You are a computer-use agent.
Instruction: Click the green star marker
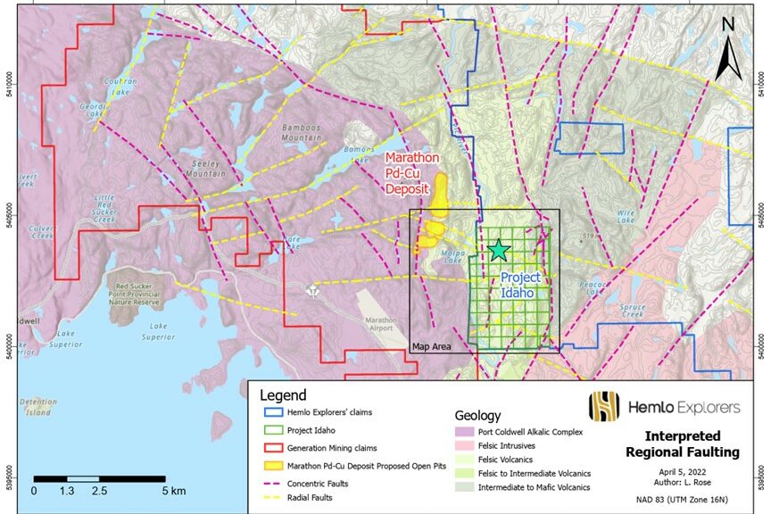pyautogui.click(x=498, y=251)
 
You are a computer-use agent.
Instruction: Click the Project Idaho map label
pyautogui.click(x=519, y=286)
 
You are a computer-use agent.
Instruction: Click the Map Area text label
pyautogui.click(x=431, y=345)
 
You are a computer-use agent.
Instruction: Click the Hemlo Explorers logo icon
pyautogui.click(x=603, y=406)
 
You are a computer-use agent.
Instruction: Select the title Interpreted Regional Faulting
pyautogui.click(x=692, y=444)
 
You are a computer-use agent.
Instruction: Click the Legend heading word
pyautogui.click(x=283, y=395)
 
